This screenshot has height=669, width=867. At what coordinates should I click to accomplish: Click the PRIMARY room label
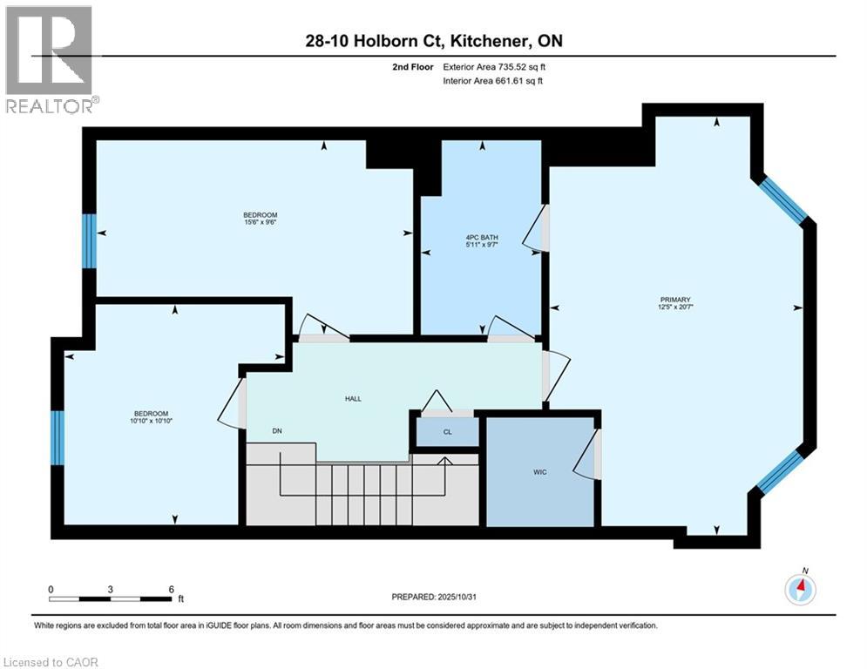tap(675, 300)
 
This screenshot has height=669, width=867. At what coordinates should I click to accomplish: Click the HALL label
tap(352, 398)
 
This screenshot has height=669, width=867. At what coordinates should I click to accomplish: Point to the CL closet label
tap(447, 431)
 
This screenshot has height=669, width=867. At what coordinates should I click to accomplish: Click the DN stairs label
tap(276, 430)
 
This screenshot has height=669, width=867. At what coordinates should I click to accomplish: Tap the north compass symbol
tap(800, 590)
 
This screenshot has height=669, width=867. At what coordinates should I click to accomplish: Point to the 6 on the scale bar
tap(170, 589)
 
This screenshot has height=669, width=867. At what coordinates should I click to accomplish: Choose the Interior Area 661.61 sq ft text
tap(493, 81)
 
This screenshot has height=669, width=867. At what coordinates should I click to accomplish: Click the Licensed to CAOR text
tap(51, 662)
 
